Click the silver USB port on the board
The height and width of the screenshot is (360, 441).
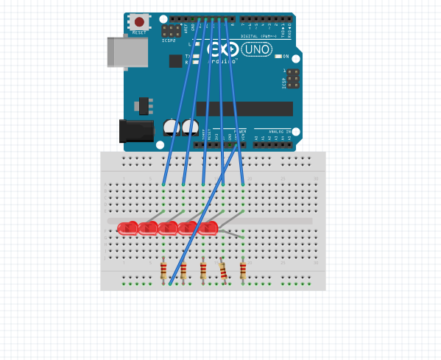[x=127, y=52]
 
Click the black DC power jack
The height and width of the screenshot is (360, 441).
[x=136, y=131]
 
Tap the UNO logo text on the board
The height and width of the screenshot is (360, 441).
[x=256, y=49]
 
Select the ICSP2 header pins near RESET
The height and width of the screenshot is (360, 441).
[x=171, y=31]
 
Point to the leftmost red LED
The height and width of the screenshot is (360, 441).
[x=127, y=228]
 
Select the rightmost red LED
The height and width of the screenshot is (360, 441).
[x=208, y=228]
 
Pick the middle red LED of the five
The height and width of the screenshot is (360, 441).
[x=168, y=228]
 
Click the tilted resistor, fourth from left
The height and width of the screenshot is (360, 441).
[x=223, y=272]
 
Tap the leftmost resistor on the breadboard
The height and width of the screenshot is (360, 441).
[x=163, y=271]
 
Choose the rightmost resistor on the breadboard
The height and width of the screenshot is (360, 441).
[x=243, y=271]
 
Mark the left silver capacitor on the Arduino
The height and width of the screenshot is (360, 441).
[x=171, y=127]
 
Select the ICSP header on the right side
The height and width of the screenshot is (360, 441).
[x=293, y=78]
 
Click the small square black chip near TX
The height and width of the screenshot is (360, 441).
[x=175, y=61]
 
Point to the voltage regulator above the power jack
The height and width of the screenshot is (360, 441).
[x=143, y=105]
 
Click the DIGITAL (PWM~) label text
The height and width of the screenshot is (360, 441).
[x=258, y=35]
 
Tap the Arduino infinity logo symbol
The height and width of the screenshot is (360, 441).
[x=224, y=49]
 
